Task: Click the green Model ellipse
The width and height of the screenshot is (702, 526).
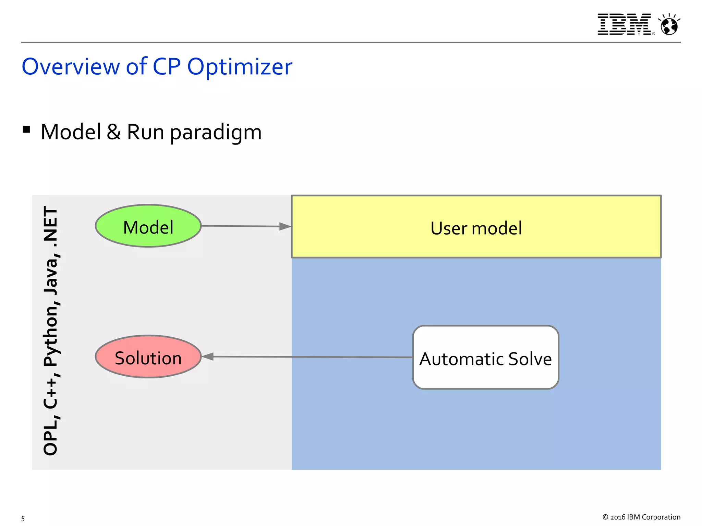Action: coord(148,226)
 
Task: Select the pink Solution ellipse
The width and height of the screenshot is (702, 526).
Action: coord(148,357)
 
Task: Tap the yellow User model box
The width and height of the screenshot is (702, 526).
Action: coord(476,227)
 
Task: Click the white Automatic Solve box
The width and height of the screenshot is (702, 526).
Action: coord(485,358)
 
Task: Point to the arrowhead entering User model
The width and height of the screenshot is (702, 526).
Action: coord(285,226)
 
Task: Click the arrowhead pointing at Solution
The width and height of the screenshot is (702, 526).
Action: coord(208,356)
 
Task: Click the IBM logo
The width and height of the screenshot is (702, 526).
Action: coord(625,24)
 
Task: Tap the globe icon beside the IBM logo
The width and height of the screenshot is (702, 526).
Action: coord(669,25)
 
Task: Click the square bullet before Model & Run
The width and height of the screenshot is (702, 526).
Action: coord(26,130)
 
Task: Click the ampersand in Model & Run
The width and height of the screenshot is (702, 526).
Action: coord(113,132)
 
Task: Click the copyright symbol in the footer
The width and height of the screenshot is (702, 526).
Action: coord(605,517)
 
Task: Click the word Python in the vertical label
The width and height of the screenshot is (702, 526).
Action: coord(51,334)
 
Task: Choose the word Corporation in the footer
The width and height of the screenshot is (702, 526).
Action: coord(661,517)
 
